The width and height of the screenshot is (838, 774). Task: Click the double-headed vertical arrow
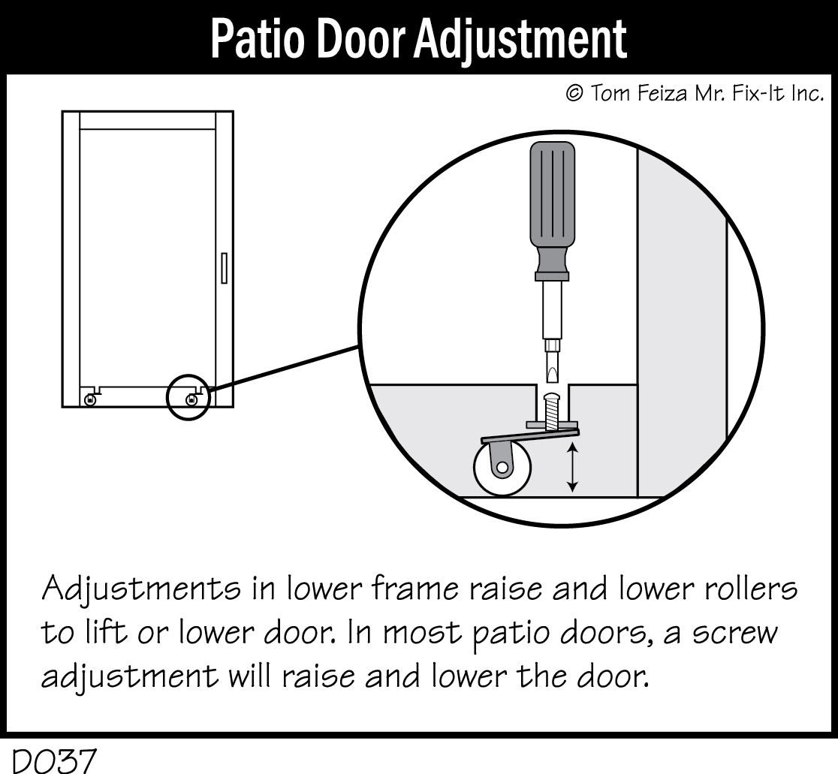(573, 467)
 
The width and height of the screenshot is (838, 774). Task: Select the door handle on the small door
(224, 269)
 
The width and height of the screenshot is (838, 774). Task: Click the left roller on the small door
(90, 400)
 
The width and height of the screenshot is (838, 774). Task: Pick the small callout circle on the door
(188, 396)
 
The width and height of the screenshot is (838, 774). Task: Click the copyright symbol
(574, 94)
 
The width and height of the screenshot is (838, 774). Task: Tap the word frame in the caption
(413, 589)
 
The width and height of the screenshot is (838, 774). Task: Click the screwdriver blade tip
(552, 372)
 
